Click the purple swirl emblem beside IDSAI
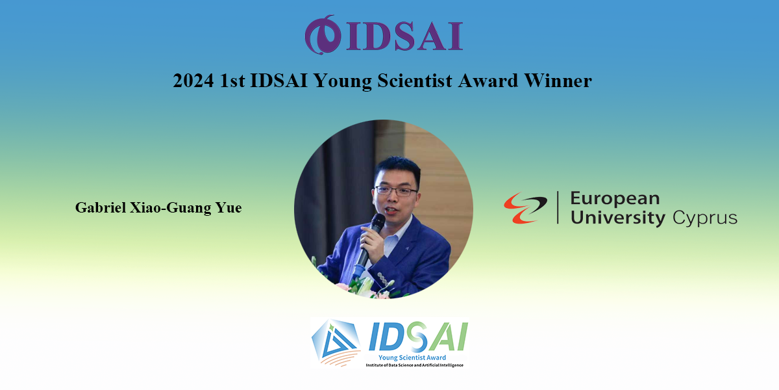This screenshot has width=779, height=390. (323, 35)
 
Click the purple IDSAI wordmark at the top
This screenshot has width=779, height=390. (404, 36)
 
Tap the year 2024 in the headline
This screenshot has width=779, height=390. (193, 81)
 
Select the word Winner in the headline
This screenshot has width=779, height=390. (558, 81)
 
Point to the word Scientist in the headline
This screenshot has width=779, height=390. (415, 81)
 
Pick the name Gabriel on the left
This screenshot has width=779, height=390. (101, 207)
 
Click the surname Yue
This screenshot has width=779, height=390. (229, 207)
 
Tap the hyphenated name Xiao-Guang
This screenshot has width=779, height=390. (170, 208)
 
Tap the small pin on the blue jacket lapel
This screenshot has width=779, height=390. (407, 248)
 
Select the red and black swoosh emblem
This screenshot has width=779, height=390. (525, 207)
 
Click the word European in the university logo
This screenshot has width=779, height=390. (615, 199)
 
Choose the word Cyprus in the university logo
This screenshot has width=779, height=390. (704, 218)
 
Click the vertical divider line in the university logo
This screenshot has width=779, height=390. (558, 207)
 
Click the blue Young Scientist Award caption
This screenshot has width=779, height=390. (412, 357)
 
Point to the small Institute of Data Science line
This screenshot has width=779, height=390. (415, 365)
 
